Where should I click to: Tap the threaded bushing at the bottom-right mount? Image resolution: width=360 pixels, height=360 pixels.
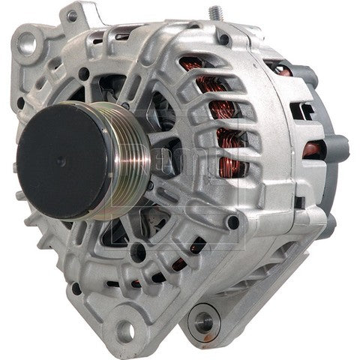(x=202, y=322)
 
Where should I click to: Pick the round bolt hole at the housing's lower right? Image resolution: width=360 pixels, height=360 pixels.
(x=235, y=223)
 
